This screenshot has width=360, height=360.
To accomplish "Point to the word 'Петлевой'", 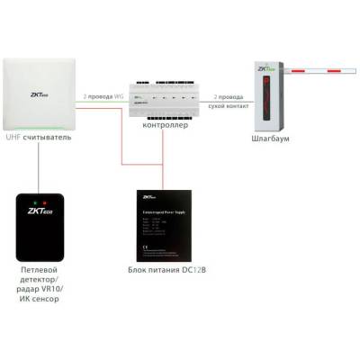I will pyautogui.click(x=41, y=269).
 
